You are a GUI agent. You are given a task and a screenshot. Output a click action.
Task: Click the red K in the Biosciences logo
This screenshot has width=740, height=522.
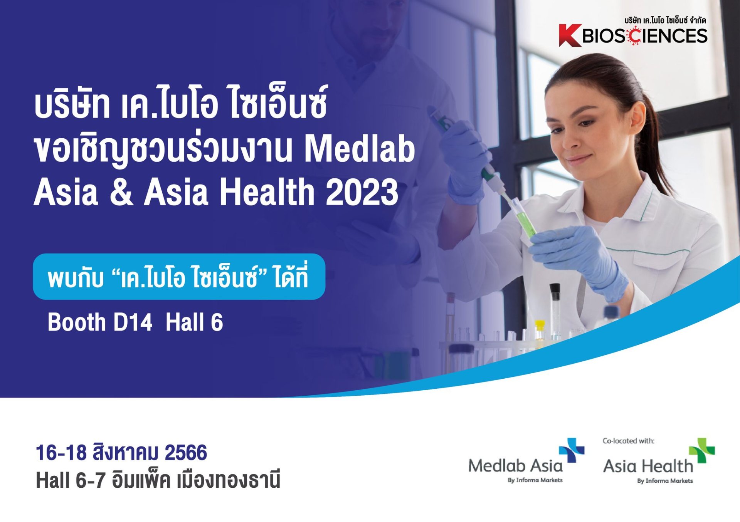pyautogui.click(x=570, y=35)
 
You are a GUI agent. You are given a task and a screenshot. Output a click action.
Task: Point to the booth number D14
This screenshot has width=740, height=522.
pyautogui.click(x=133, y=322)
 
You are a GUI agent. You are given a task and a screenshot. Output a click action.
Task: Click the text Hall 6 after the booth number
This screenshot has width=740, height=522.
pyautogui.click(x=194, y=322)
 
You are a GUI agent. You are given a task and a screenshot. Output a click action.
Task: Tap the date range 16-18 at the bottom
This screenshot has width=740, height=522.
pyautogui.click(x=61, y=452)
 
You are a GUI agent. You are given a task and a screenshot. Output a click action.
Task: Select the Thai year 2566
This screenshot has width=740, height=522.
pyautogui.click(x=186, y=452)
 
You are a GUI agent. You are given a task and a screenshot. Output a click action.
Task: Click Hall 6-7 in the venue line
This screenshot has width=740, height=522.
pyautogui.click(x=71, y=480)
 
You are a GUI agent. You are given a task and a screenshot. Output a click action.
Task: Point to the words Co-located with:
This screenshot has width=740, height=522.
pyautogui.click(x=628, y=441)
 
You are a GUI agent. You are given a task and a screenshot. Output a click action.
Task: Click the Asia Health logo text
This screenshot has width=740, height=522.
pyautogui.click(x=648, y=466)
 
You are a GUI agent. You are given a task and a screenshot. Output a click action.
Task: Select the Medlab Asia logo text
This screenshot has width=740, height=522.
pyautogui.click(x=515, y=465)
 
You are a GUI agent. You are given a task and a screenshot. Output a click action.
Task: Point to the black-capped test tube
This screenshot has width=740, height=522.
pyautogui.click(x=555, y=308)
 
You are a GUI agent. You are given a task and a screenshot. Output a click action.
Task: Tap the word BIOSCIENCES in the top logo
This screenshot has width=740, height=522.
pyautogui.click(x=645, y=36)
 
